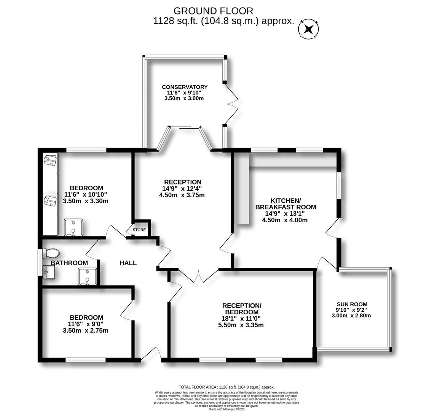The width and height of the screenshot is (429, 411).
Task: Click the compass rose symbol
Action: [309, 29]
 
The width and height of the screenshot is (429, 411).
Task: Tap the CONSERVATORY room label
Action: [185, 87]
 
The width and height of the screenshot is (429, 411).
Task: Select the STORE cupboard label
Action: [139, 230]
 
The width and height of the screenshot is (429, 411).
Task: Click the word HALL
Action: [128, 263]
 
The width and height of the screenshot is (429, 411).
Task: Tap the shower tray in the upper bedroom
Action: [73, 227]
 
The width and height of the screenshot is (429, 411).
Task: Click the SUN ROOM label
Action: [352, 304]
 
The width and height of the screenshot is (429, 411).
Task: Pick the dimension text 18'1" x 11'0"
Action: [242, 319]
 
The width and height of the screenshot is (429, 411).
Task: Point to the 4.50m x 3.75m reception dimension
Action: [182, 195]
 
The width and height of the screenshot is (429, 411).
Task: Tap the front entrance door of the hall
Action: [152, 354]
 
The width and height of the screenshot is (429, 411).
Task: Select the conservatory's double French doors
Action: [231, 103]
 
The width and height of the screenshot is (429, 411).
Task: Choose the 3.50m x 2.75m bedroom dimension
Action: [86, 330]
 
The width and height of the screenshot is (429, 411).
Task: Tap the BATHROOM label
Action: [69, 263]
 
